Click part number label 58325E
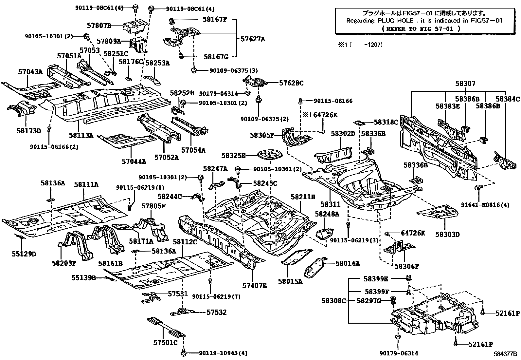click(x=233, y=155)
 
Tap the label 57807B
click(x=99, y=25)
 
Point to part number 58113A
click(x=81, y=135)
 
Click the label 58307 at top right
click(x=465, y=84)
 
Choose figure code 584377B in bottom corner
click(x=505, y=354)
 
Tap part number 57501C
click(x=165, y=343)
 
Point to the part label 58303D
click(x=447, y=234)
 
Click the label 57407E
click(x=254, y=286)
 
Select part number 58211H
click(x=303, y=197)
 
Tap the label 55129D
click(x=24, y=254)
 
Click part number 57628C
click(x=291, y=83)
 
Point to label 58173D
click(x=29, y=131)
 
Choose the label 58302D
click(x=343, y=133)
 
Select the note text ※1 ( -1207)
click(x=360, y=45)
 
